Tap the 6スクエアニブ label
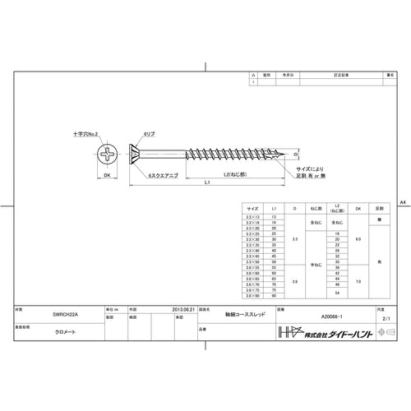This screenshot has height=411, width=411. point(164,176)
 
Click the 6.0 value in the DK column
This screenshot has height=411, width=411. point(358,238)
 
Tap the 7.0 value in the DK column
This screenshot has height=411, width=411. point(358,282)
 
